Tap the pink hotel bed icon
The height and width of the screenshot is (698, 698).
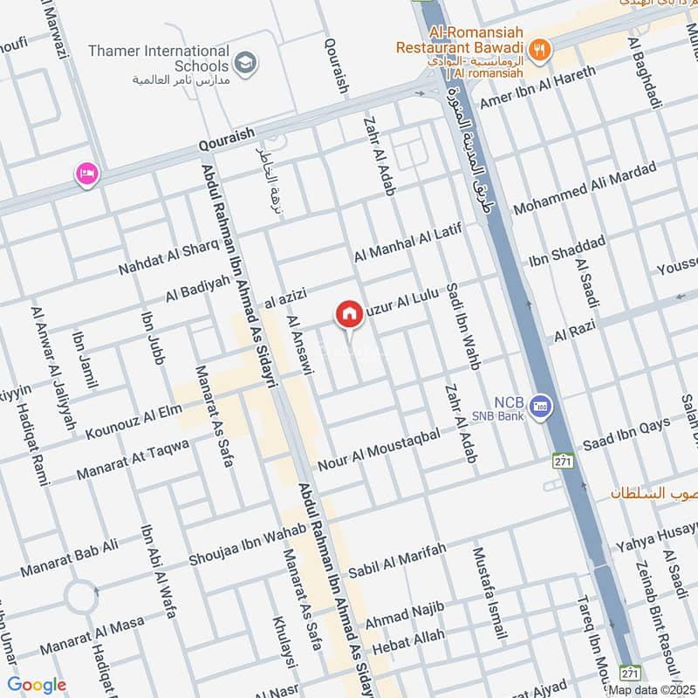click(x=87, y=174)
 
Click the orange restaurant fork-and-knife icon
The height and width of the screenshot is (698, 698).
click(x=541, y=50)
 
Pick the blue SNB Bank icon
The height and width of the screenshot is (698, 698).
click(x=542, y=407)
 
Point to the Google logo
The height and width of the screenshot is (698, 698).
click(x=37, y=685)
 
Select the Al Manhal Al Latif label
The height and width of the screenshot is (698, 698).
click(x=407, y=243)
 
